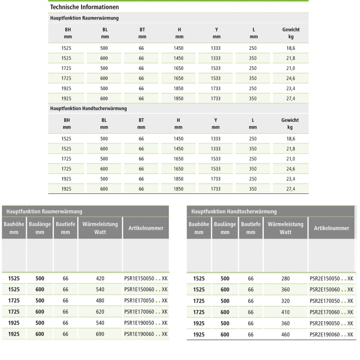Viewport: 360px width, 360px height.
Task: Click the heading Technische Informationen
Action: pos(84,7)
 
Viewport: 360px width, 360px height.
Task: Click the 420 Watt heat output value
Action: pos(100,278)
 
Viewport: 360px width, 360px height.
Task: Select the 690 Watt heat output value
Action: pos(100,334)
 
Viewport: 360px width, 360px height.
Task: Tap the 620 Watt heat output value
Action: pos(100,312)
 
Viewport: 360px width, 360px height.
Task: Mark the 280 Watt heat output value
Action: pos(285,278)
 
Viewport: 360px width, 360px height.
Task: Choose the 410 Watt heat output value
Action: pos(285,312)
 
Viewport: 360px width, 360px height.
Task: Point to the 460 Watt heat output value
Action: pos(285,334)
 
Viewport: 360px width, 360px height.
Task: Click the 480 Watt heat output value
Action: pos(100,301)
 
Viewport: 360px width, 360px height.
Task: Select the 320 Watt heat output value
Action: pos(285,301)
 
